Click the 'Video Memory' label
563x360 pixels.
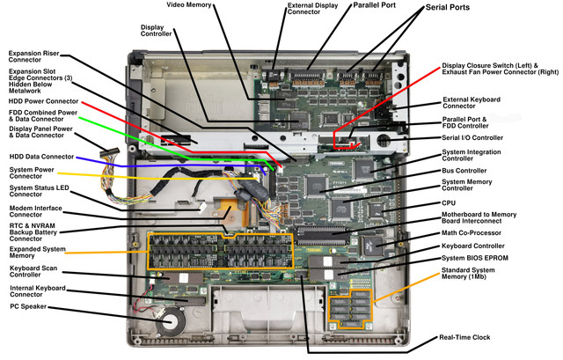(x=189, y=5)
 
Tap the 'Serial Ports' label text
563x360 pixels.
(x=448, y=7)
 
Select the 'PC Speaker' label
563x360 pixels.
(x=28, y=306)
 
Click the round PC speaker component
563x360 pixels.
(x=170, y=321)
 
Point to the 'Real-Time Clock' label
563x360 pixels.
(x=464, y=337)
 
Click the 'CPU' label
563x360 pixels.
(x=449, y=203)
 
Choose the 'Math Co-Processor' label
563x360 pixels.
(x=472, y=233)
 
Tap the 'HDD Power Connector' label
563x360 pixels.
(x=43, y=101)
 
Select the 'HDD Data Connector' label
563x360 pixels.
(x=41, y=157)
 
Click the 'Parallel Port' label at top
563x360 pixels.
(x=374, y=5)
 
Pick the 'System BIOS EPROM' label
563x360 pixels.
(x=475, y=258)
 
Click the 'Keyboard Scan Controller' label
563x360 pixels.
(x=33, y=271)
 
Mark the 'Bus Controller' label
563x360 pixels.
(x=464, y=171)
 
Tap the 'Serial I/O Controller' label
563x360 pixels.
(x=472, y=137)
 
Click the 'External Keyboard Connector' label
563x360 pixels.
(x=472, y=103)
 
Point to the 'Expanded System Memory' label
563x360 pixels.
(x=37, y=253)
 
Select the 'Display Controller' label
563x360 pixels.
(x=157, y=31)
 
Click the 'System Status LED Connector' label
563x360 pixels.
(x=39, y=191)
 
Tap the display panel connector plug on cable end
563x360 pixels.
(x=109, y=152)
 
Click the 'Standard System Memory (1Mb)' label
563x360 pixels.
(x=468, y=274)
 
